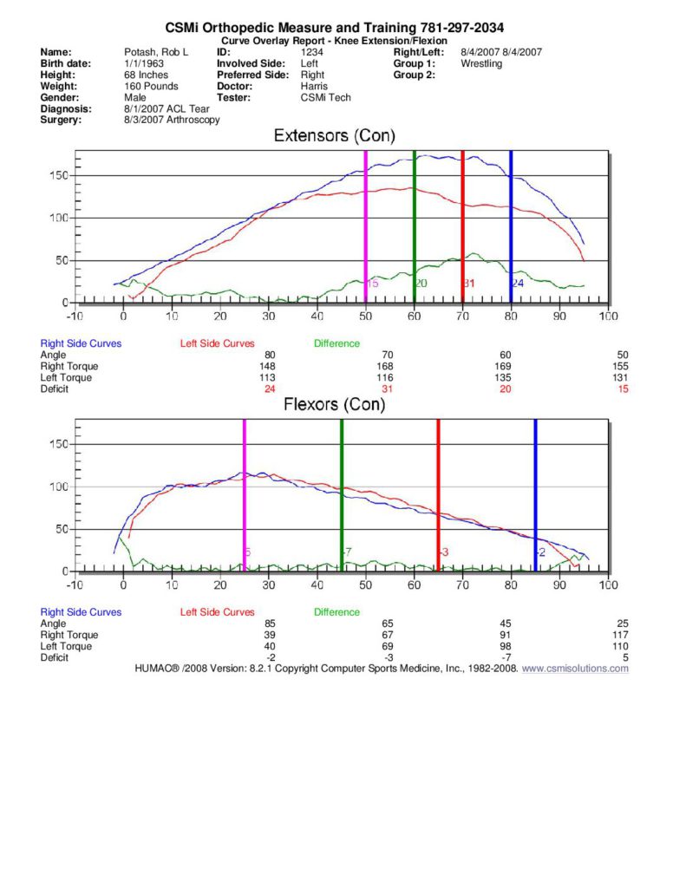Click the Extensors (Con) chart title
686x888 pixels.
click(334, 136)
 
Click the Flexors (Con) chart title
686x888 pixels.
click(334, 405)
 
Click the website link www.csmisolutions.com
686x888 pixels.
click(575, 669)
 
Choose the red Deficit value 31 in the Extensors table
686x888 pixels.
click(387, 388)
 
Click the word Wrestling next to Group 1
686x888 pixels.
click(481, 63)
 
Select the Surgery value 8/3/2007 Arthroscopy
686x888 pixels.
click(172, 121)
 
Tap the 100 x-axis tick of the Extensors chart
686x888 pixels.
click(608, 317)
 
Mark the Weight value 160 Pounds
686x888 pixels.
click(151, 87)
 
